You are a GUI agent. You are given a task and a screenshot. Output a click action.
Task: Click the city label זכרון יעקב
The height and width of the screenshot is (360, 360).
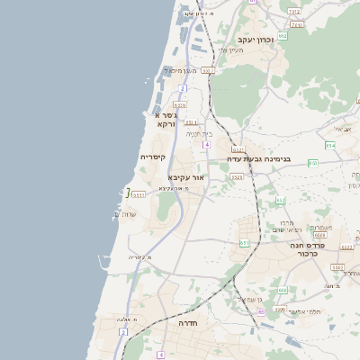click(x=256, y=40)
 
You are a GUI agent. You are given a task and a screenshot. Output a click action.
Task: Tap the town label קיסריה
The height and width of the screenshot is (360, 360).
click(x=152, y=157)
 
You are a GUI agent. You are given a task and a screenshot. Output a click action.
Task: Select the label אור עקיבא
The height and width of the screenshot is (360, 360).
click(x=188, y=178)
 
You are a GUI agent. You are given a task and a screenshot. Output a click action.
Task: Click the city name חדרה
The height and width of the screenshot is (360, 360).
click(x=188, y=322)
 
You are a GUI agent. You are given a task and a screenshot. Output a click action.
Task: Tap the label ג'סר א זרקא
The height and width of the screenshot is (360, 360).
click(x=165, y=120)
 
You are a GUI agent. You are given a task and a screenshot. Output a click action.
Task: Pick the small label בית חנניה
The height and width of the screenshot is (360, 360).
click(x=199, y=133)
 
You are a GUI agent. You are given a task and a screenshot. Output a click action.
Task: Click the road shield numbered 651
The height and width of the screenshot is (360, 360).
click(x=244, y=243)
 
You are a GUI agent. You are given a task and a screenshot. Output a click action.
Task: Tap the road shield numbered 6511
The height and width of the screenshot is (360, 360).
click(x=138, y=194)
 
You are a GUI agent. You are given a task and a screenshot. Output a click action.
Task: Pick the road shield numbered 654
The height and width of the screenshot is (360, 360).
click(x=330, y=145)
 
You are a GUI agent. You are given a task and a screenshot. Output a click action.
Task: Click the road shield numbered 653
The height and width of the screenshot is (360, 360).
click(x=280, y=201)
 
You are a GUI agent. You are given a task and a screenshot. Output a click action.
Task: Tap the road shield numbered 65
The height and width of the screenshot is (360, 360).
click(x=260, y=312)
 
